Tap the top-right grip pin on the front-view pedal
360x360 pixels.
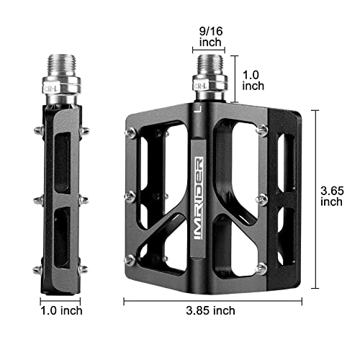[x=263, y=130]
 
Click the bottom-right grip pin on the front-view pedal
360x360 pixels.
[x=261, y=268]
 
